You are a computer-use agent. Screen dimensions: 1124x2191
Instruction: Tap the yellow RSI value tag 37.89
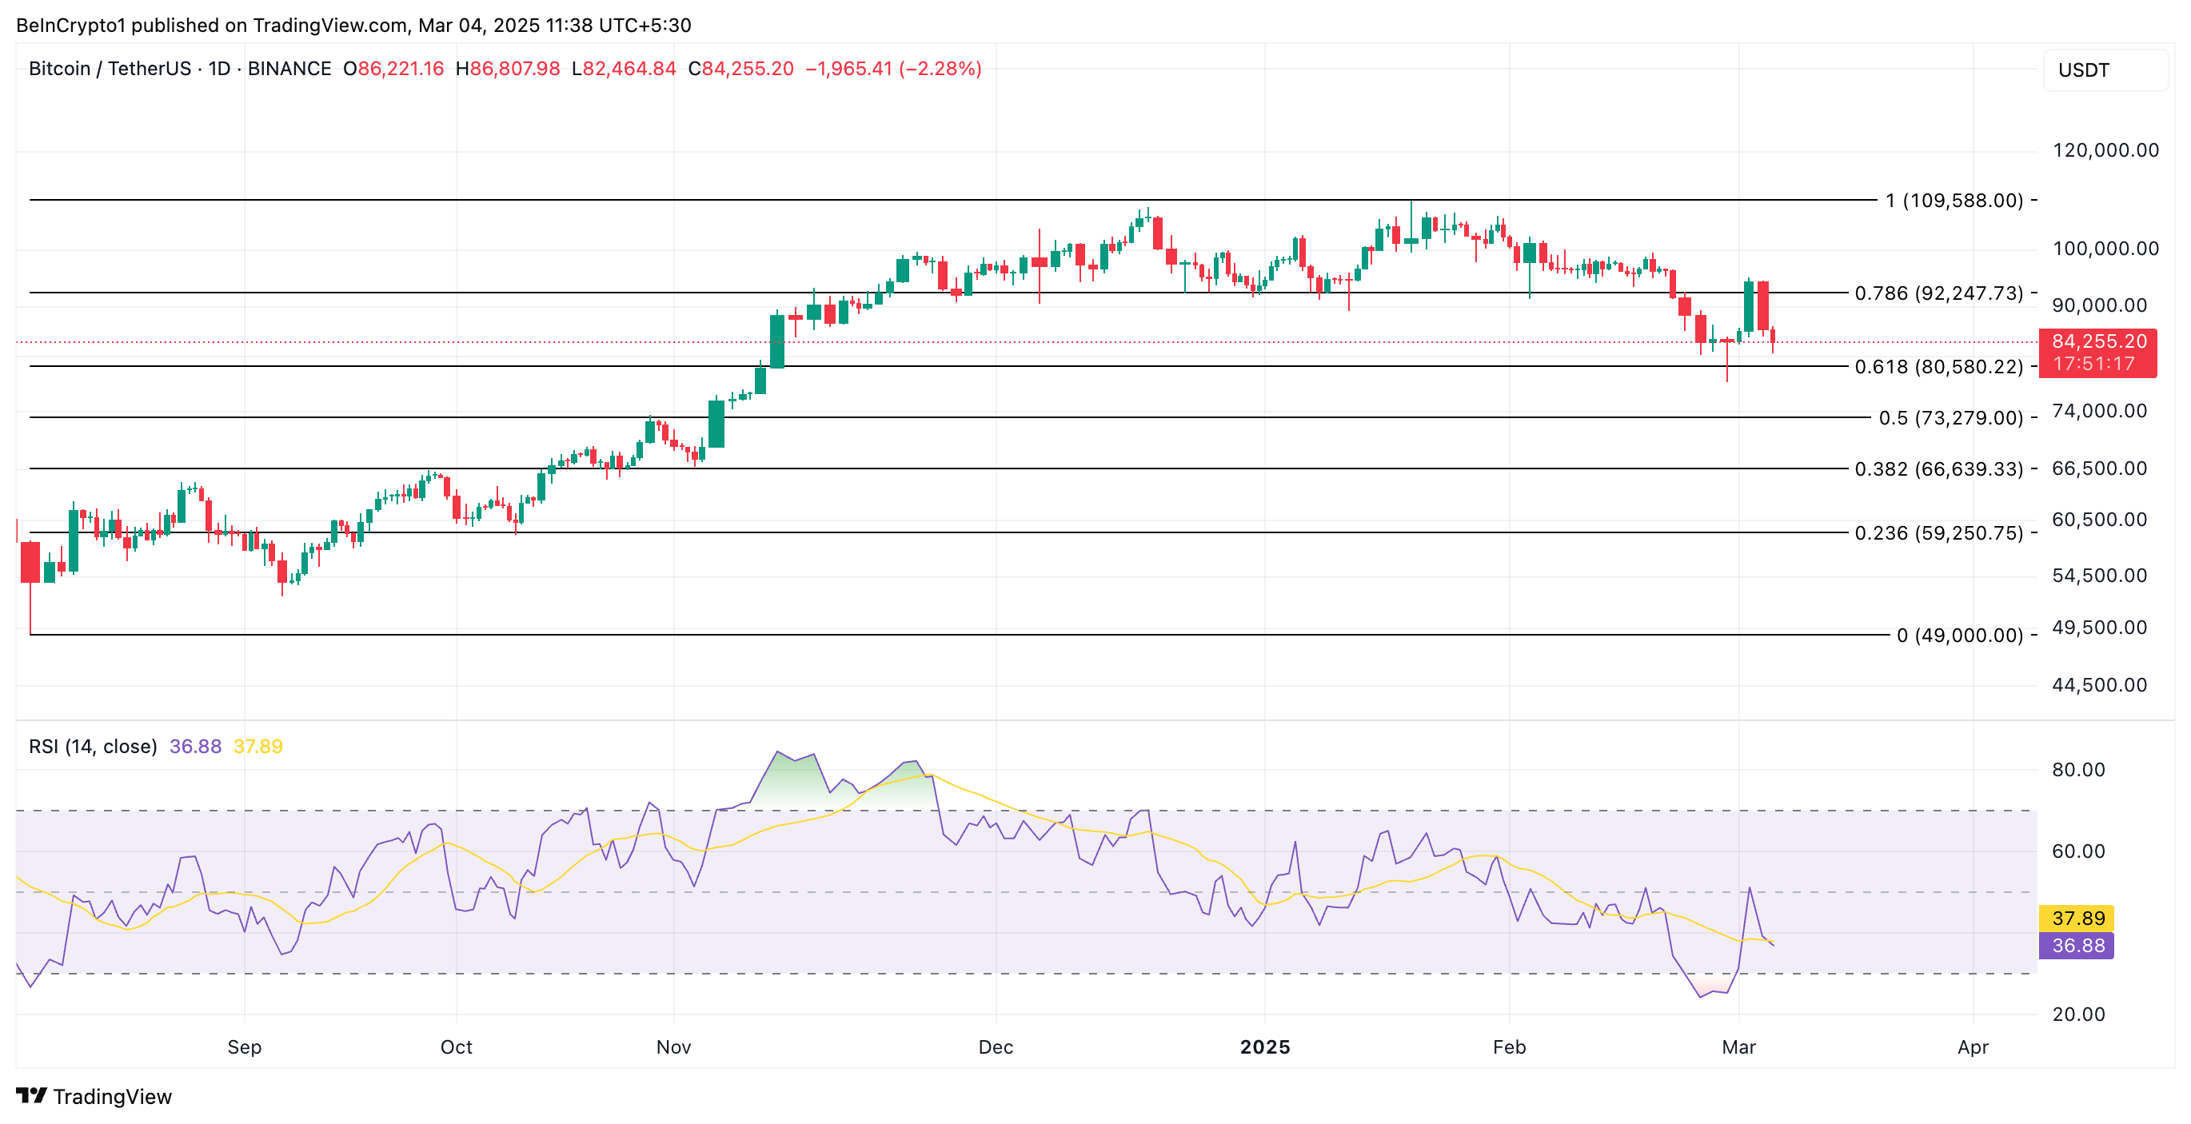(x=2076, y=919)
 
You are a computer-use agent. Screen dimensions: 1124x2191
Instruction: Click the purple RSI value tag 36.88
(x=2076, y=946)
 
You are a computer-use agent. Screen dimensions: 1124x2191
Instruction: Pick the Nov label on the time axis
(x=673, y=1046)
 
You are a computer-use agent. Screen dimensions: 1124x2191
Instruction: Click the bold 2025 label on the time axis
(x=1265, y=1046)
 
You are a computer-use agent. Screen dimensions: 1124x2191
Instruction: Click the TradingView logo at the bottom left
(x=94, y=1096)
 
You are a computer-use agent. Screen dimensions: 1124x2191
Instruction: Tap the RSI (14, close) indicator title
(x=93, y=747)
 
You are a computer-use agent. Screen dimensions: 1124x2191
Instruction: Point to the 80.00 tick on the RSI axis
(x=2078, y=770)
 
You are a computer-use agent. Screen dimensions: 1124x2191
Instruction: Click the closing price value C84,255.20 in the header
(x=740, y=69)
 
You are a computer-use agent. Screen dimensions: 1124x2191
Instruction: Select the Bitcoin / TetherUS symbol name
(x=110, y=69)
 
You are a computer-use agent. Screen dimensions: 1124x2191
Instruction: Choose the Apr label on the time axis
(x=1973, y=1046)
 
